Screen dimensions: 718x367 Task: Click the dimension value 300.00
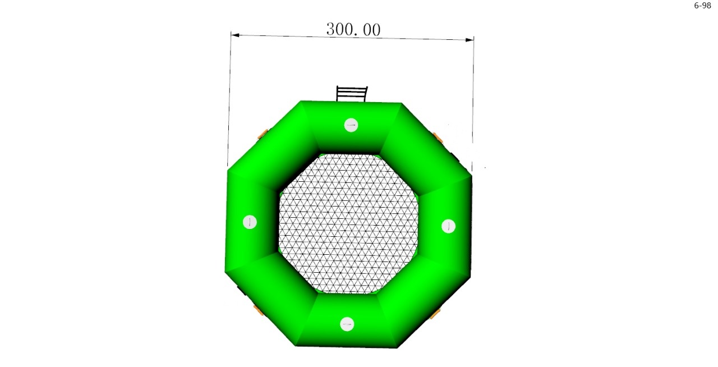coord(353,29)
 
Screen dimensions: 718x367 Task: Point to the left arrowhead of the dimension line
coord(235,35)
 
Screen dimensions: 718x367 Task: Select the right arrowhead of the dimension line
coord(470,39)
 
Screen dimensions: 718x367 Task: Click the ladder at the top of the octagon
coord(352,94)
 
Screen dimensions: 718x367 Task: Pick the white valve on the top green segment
coord(351,125)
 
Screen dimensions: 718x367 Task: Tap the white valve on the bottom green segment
coord(347,324)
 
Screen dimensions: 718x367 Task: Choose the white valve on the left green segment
coord(250,222)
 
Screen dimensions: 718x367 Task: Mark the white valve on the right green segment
coord(448,226)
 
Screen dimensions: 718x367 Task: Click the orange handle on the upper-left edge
coord(263,134)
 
